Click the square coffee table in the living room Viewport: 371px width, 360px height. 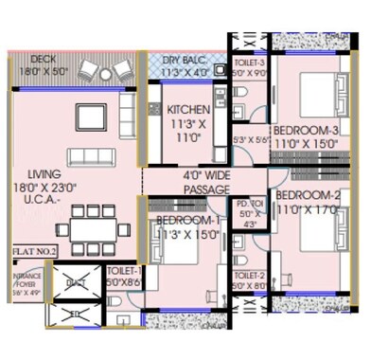pos(92,116)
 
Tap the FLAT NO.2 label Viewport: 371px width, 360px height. pos(34,251)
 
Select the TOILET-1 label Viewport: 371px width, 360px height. pos(123,270)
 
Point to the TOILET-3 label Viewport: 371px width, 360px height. pos(250,63)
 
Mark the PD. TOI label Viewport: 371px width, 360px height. pos(249,203)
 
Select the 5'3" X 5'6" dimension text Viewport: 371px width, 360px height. pos(252,140)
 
